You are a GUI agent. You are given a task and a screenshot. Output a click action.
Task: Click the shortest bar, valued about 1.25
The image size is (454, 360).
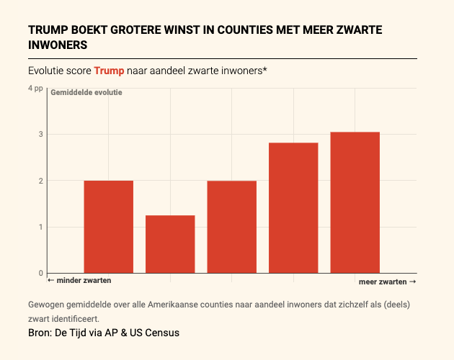point(170,244)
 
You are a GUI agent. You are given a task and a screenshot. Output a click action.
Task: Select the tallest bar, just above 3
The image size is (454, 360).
point(355,202)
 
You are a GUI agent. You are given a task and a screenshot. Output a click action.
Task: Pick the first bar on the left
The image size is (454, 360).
point(108,227)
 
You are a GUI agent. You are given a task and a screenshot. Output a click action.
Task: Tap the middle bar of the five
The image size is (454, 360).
point(231,227)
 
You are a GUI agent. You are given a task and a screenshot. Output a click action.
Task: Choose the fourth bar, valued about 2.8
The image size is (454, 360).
point(293,208)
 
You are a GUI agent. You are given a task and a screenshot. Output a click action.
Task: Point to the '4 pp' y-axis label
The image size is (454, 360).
point(35,88)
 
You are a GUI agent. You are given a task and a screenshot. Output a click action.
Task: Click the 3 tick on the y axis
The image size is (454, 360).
point(41,134)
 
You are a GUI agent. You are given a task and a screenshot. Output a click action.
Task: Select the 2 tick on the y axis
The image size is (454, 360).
point(41,181)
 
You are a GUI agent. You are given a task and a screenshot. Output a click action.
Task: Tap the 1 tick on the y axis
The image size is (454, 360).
point(41,227)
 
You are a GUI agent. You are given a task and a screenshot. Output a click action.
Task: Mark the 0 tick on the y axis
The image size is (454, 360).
point(41,273)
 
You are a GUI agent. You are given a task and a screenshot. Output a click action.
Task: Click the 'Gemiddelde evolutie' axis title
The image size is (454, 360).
point(86,93)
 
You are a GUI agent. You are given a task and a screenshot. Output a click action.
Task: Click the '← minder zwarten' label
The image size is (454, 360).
point(79,280)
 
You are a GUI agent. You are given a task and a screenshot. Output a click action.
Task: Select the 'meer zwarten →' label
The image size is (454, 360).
point(387,281)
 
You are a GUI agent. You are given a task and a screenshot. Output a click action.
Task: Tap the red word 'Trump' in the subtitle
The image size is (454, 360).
point(109,71)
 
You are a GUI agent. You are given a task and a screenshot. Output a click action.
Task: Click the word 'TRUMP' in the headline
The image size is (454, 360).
point(48,30)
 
